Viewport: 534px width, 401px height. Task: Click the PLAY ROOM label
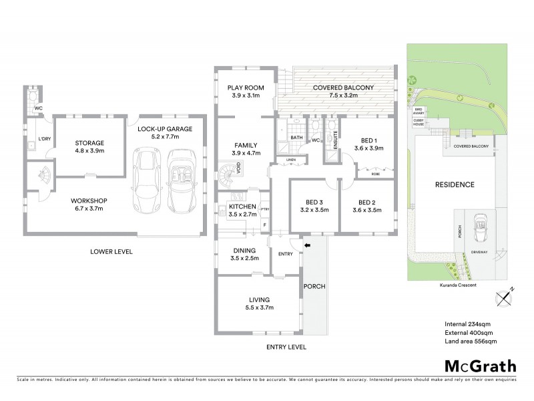click(x=245, y=88)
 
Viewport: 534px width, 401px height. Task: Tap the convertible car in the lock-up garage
click(x=182, y=179)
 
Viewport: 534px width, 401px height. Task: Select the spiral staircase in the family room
click(x=227, y=176)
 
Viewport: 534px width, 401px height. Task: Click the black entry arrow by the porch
click(x=308, y=246)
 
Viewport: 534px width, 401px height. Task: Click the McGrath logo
click(x=481, y=366)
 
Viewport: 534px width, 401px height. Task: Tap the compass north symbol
click(x=505, y=296)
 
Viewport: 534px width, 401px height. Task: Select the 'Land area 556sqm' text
click(x=471, y=342)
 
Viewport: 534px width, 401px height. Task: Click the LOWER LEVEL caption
click(x=112, y=252)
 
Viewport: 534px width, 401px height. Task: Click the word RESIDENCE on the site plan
click(x=455, y=185)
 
